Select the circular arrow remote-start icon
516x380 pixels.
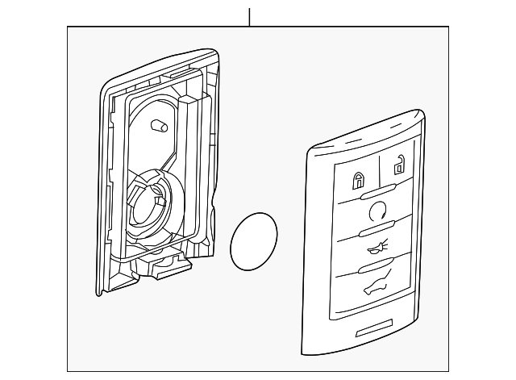click(377, 213)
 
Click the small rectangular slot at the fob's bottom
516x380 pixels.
click(382, 329)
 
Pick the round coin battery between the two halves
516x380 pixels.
click(254, 241)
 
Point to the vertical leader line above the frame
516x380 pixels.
click(250, 16)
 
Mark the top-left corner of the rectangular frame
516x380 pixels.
click(68, 27)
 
